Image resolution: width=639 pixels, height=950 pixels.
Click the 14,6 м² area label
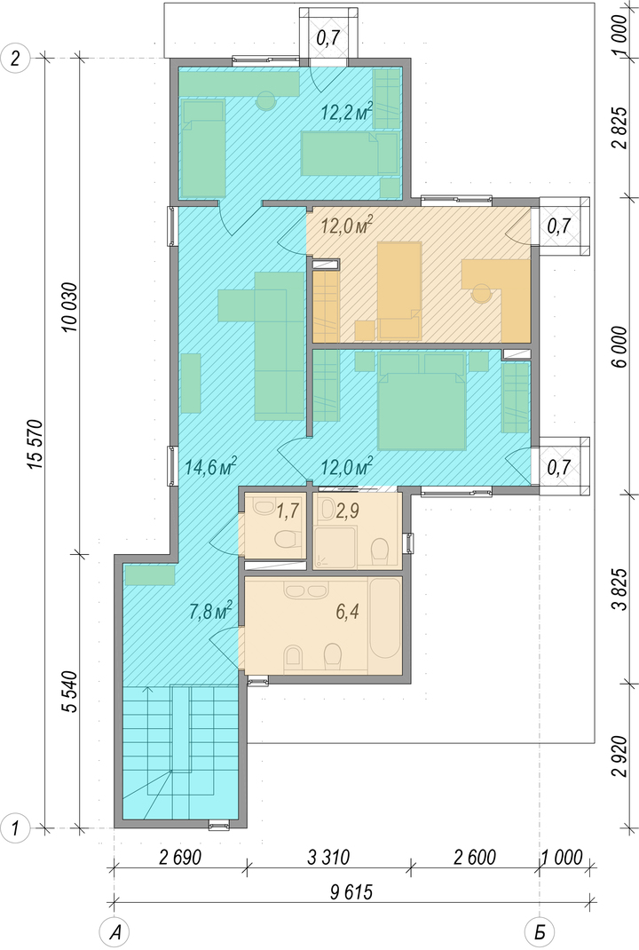click(210, 467)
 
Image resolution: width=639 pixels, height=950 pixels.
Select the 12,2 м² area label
click(346, 112)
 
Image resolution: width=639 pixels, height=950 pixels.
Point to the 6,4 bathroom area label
click(348, 612)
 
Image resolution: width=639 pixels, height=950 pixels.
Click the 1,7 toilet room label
click(288, 511)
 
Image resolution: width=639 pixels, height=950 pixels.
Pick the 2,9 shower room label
click(347, 511)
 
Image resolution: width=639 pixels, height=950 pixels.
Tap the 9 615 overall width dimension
click(351, 892)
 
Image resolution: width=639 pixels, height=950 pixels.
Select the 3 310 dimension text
click(328, 858)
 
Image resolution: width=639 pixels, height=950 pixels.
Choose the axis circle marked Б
click(539, 932)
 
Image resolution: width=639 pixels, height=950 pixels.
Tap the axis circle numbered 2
click(16, 59)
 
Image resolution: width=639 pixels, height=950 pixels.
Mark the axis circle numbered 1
click(16, 827)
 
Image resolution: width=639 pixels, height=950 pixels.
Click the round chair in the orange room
click(482, 294)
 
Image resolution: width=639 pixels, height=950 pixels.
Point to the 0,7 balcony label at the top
click(328, 39)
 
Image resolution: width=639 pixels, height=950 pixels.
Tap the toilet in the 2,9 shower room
click(380, 550)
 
